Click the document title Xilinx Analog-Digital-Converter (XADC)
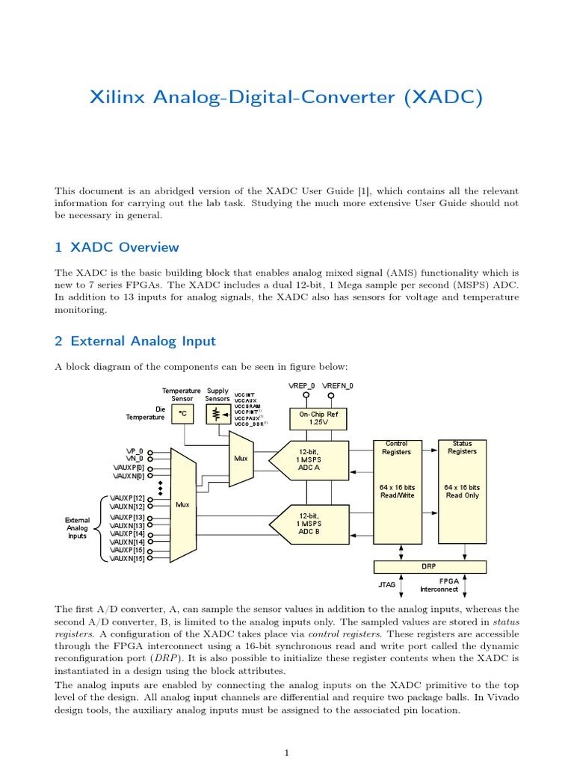pos(286,97)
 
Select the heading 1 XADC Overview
pos(117,247)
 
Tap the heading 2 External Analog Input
pos(135,341)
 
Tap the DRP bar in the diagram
pos(429,566)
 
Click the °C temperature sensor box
pos(182,414)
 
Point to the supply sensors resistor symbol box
pos(217,414)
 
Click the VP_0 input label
pos(135,453)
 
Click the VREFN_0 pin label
pos(338,385)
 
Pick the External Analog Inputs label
pos(77,527)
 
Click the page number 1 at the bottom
pos(286,753)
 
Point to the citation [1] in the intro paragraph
pos(367,191)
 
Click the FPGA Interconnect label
pos(448,584)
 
